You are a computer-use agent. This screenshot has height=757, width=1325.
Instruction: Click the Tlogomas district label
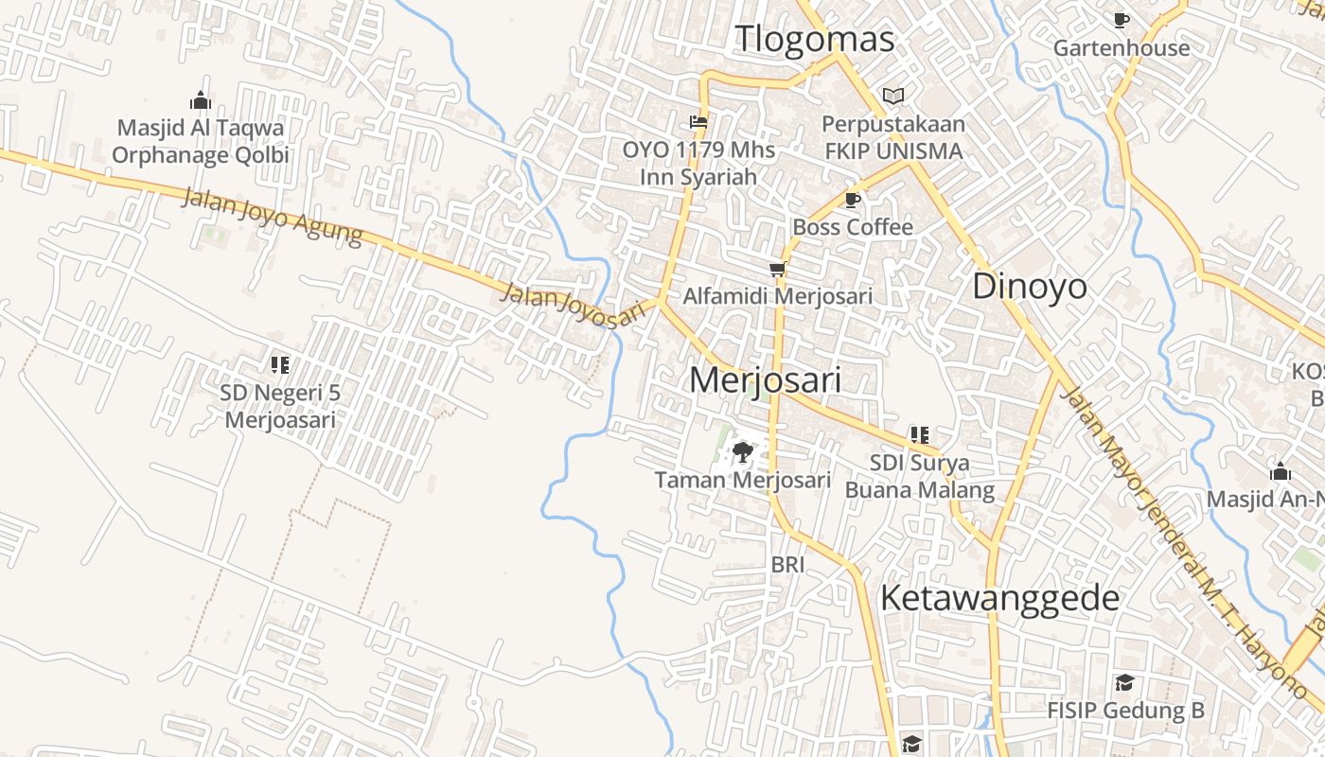pyautogui.click(x=814, y=40)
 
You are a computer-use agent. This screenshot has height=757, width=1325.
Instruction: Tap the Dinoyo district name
pyautogui.click(x=1030, y=286)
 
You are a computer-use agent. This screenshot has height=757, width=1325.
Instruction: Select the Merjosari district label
pyautogui.click(x=765, y=379)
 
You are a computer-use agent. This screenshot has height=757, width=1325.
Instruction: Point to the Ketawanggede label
pyautogui.click(x=999, y=598)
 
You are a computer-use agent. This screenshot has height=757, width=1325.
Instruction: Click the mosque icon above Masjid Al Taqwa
pyautogui.click(x=200, y=100)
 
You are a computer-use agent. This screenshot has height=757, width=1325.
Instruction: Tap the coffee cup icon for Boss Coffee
pyautogui.click(x=852, y=200)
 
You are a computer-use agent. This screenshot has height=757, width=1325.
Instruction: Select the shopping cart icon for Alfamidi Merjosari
pyautogui.click(x=778, y=270)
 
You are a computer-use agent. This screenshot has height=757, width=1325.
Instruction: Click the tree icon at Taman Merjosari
pyautogui.click(x=743, y=452)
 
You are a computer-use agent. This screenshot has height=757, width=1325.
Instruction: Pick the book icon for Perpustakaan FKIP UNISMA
pyautogui.click(x=892, y=96)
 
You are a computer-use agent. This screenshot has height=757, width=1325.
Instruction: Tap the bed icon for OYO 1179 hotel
pyautogui.click(x=698, y=122)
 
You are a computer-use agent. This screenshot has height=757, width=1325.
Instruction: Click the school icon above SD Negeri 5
pyautogui.click(x=279, y=364)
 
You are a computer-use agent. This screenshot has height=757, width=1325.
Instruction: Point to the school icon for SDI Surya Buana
pyautogui.click(x=919, y=435)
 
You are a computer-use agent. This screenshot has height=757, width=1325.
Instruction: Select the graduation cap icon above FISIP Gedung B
pyautogui.click(x=1124, y=682)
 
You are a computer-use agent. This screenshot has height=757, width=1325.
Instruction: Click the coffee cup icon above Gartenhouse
pyautogui.click(x=1122, y=20)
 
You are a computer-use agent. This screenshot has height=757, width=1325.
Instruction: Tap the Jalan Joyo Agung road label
pyautogui.click(x=271, y=217)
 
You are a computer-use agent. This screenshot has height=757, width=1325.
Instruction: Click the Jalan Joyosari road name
pyautogui.click(x=578, y=306)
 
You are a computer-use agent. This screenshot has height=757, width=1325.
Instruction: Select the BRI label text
pyautogui.click(x=787, y=565)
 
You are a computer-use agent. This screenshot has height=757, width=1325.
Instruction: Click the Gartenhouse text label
pyautogui.click(x=1122, y=47)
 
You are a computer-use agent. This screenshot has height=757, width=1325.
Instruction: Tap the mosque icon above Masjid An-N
pyautogui.click(x=1281, y=471)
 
